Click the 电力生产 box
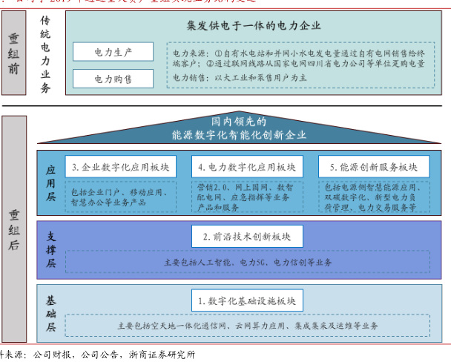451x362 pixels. tap(113, 52)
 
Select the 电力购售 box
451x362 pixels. tap(113, 78)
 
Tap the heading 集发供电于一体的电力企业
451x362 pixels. tap(254, 25)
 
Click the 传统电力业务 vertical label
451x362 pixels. tap(46, 53)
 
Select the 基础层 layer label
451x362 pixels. tap(50, 312)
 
